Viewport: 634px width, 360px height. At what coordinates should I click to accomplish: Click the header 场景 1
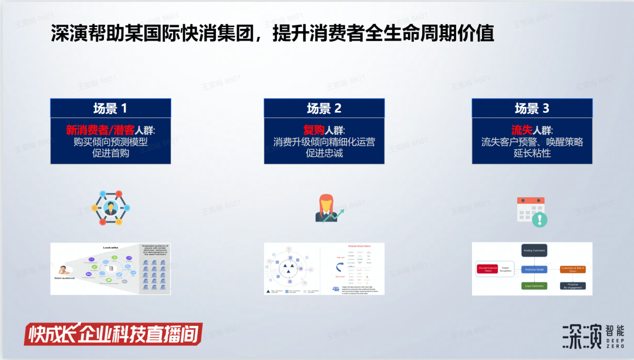click(x=110, y=108)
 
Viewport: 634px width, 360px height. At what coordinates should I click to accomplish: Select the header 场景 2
click(x=324, y=108)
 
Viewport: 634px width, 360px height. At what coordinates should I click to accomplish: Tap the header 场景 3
click(x=532, y=108)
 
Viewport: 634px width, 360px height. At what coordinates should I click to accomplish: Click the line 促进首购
click(x=110, y=153)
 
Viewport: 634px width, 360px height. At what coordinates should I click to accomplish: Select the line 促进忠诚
click(x=324, y=153)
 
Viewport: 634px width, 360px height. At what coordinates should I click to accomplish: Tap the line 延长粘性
click(x=532, y=153)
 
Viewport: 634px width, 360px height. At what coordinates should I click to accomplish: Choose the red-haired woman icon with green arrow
click(x=326, y=208)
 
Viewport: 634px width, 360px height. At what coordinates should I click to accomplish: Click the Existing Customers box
click(x=534, y=251)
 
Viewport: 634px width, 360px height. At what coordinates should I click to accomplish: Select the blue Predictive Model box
click(x=534, y=269)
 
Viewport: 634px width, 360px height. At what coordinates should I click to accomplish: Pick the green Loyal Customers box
click(x=534, y=286)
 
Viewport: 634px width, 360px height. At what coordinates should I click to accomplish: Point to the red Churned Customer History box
click(x=488, y=269)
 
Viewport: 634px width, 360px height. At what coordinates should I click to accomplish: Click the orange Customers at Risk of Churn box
click(x=572, y=269)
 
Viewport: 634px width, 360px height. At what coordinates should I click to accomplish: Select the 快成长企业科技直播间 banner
click(x=113, y=334)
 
